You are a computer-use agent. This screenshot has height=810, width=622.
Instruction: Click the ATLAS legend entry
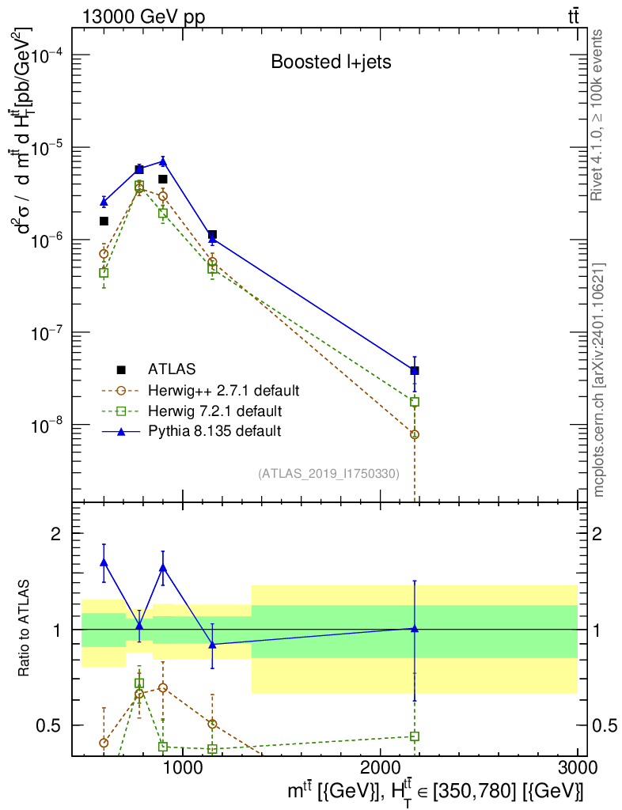click(x=156, y=369)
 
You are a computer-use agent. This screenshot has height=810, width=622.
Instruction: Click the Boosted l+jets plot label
click(x=331, y=62)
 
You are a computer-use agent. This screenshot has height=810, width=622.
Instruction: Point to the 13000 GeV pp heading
click(x=143, y=17)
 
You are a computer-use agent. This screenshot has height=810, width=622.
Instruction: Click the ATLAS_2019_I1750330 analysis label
click(x=328, y=474)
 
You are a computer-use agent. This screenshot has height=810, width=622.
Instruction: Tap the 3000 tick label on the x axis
click(x=577, y=767)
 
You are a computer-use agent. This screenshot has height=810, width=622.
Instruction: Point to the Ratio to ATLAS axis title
click(x=24, y=628)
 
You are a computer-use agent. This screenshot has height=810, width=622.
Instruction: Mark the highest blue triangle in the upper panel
click(x=163, y=161)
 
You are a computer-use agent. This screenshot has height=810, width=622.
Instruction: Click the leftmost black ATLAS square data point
click(x=104, y=221)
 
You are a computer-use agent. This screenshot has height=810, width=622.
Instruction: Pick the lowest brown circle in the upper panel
click(x=415, y=435)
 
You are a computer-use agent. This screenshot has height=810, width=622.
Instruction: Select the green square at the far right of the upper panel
click(x=415, y=402)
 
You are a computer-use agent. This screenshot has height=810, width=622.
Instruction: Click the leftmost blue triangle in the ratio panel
click(x=104, y=562)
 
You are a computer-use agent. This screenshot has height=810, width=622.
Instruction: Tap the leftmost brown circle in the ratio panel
click(x=104, y=743)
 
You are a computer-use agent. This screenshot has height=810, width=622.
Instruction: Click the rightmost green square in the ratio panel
click(x=415, y=736)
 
